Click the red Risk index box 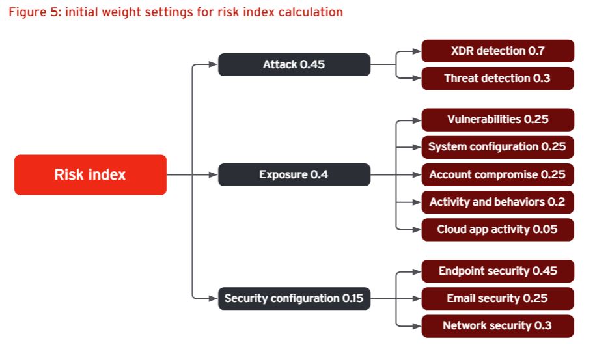pos(90,174)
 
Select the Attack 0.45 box pos(294,64)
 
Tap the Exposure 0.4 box pos(294,174)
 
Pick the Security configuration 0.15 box pos(294,298)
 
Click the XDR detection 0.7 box pos(498,51)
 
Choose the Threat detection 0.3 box pos(498,78)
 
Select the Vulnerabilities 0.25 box pos(498,120)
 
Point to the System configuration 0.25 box pos(498,147)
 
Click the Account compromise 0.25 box pos(498,174)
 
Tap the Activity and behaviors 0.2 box pos(498,202)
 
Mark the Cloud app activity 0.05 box pos(498,230)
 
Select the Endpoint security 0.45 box pos(498,271)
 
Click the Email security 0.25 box pos(498,298)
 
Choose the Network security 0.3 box pos(498,326)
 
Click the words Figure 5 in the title pos(33,12)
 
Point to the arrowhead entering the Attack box pos(214,64)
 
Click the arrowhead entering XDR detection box pos(417,51)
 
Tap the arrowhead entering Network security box pos(417,326)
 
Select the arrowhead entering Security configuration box pos(214,299)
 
